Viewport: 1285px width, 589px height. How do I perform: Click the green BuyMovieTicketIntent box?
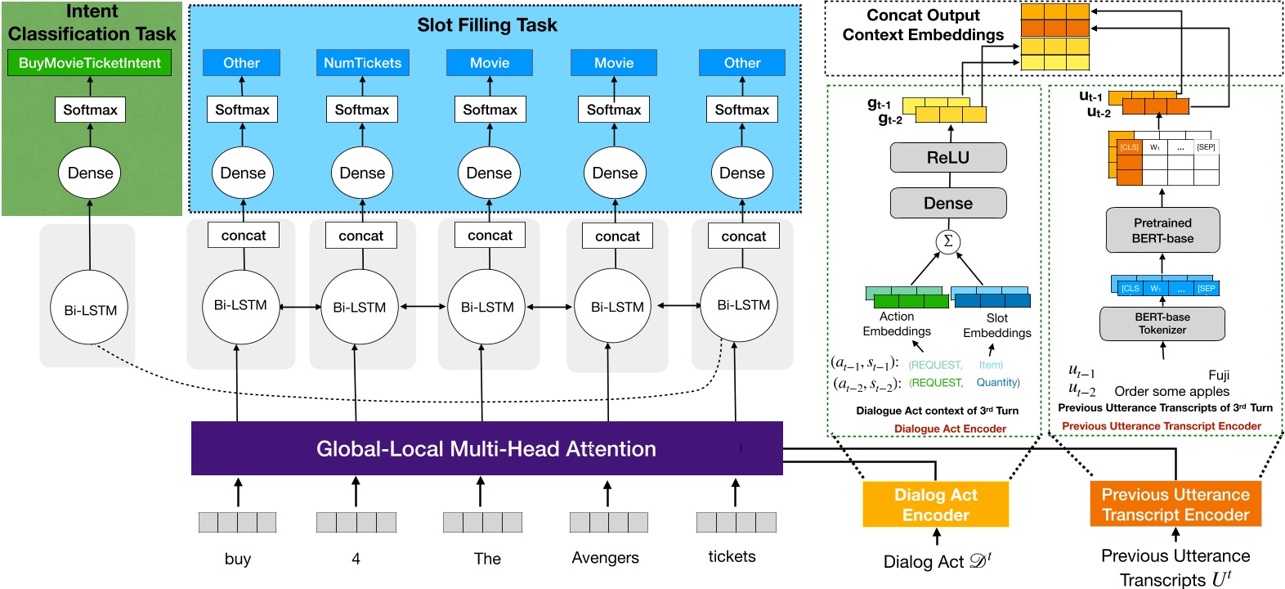click(90, 63)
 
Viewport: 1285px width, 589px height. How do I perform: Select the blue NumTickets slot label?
click(362, 63)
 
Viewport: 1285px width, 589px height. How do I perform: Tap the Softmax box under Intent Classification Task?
click(90, 110)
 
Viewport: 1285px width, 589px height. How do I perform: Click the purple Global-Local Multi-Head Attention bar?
click(486, 448)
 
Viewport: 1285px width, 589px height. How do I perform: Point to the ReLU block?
click(947, 157)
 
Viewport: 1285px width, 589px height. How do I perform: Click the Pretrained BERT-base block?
click(1162, 230)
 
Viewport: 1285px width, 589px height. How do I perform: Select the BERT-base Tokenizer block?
click(1162, 323)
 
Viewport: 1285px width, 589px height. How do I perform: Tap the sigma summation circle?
click(947, 241)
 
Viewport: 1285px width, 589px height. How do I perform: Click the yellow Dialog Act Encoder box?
click(935, 504)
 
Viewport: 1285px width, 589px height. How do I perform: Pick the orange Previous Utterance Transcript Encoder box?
click(1175, 504)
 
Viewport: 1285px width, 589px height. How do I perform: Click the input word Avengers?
click(605, 558)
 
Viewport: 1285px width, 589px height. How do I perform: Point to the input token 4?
click(356, 559)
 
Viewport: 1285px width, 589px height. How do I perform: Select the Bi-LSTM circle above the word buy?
click(240, 306)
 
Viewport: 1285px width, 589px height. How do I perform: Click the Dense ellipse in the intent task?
click(90, 173)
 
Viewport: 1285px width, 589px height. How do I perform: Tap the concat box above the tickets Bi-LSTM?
click(743, 236)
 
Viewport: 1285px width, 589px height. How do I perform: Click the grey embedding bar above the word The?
click(482, 522)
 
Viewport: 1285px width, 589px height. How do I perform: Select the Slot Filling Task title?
click(486, 25)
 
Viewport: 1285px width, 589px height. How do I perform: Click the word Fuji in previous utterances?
click(1218, 375)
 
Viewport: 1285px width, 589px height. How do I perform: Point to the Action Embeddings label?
click(897, 324)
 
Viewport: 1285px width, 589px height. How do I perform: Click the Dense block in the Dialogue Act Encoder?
click(947, 203)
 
